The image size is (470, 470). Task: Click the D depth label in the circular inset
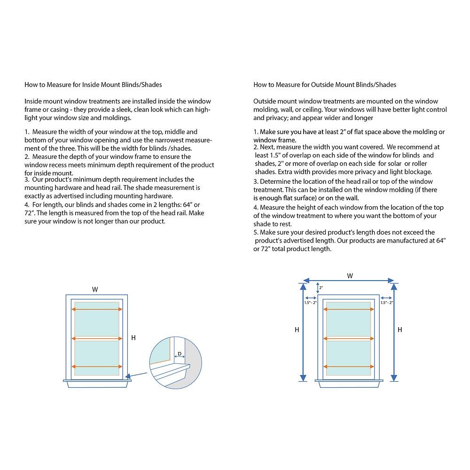click(x=180, y=353)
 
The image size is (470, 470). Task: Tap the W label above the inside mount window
click(x=95, y=290)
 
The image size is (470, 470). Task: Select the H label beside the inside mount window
click(x=133, y=337)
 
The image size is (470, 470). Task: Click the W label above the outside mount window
click(x=350, y=276)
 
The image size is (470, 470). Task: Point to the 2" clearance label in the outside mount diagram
click(x=321, y=287)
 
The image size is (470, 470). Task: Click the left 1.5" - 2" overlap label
click(x=311, y=303)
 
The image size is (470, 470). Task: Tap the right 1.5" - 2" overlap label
click(x=387, y=303)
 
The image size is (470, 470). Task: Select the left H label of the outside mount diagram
click(x=297, y=330)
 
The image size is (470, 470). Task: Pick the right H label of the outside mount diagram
click(x=399, y=330)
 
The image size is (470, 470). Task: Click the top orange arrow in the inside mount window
click(x=97, y=309)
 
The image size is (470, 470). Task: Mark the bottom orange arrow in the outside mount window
click(x=349, y=367)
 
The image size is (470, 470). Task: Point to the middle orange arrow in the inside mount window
click(x=97, y=338)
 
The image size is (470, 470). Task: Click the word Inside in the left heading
click(x=91, y=85)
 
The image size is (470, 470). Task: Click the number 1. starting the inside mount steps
click(x=27, y=133)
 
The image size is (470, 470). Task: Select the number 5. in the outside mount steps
click(x=256, y=232)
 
